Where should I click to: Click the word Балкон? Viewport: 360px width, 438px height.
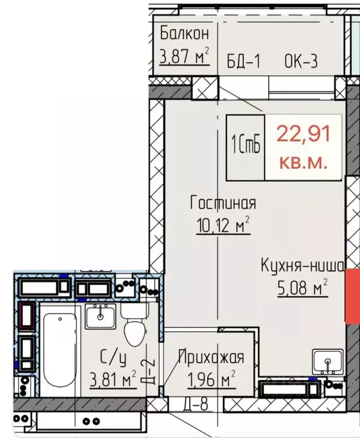pos(184,33)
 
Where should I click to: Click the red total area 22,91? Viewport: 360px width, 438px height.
pos(304,135)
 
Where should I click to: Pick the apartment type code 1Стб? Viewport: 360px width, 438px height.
pos(246,146)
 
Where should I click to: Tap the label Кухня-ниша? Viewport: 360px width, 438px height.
pos(302,266)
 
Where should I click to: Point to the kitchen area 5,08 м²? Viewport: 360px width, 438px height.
pos(302,289)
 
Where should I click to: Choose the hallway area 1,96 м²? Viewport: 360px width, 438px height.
pos(211,379)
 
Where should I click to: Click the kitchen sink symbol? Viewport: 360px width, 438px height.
pos(327,361)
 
